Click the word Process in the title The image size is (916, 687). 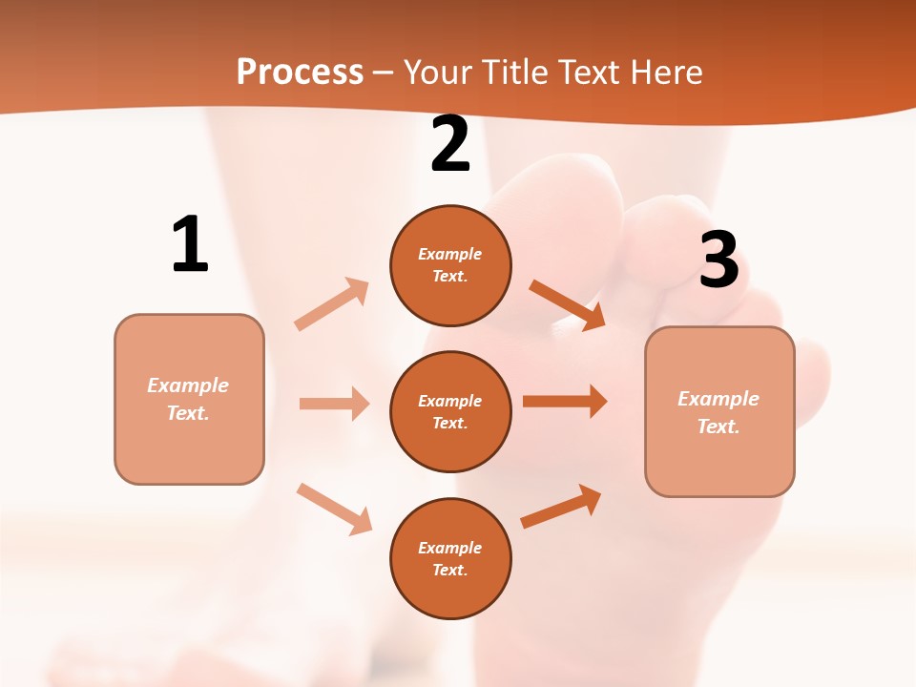[x=300, y=72]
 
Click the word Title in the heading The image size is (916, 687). [x=511, y=72]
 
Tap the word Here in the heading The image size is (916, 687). [x=662, y=72]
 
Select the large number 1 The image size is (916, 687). [x=190, y=244]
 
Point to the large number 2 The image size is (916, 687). [x=450, y=144]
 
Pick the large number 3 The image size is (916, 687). [x=718, y=260]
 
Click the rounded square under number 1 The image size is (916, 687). [x=189, y=399]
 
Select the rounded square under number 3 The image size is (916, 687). [x=719, y=411]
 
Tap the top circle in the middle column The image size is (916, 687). [x=450, y=265]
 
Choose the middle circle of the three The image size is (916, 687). [x=450, y=411]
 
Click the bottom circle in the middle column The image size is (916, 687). [x=450, y=558]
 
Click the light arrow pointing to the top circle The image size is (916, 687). [x=332, y=304]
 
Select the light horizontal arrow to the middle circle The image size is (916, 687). [x=334, y=404]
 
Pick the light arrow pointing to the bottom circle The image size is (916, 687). [x=334, y=509]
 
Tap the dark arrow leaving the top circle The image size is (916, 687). [x=567, y=304]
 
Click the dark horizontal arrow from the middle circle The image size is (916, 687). [x=565, y=401]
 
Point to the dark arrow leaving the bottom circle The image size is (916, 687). [x=561, y=507]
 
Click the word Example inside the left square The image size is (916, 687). [x=188, y=385]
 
